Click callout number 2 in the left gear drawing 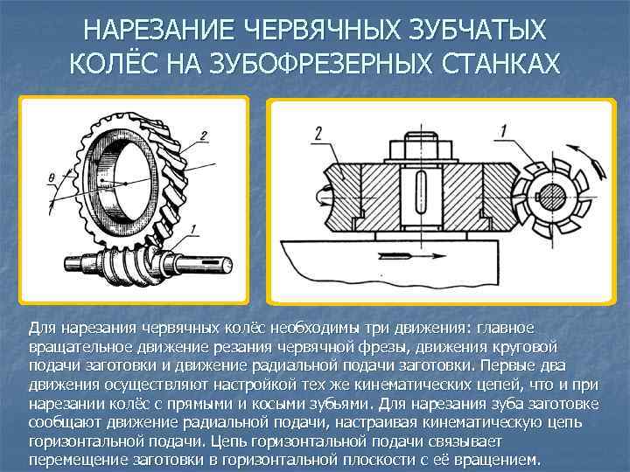click(203, 135)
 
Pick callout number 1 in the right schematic click(504, 132)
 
